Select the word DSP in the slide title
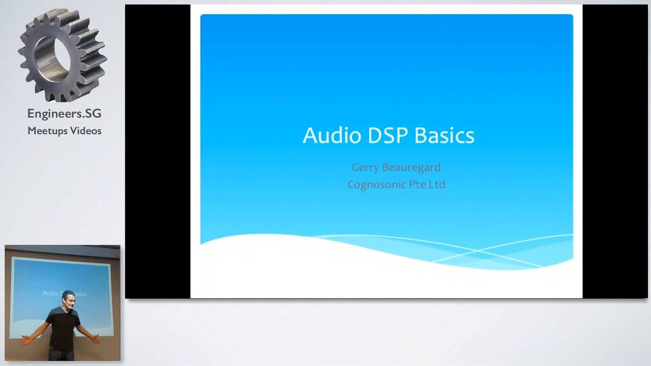pyautogui.click(x=380, y=136)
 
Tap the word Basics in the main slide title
pyautogui.click(x=444, y=136)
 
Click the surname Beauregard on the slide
pyautogui.click(x=411, y=167)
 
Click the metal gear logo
pyautogui.click(x=62, y=55)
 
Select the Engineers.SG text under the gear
pyautogui.click(x=64, y=114)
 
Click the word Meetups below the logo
pyautogui.click(x=47, y=131)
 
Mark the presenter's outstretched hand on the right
pyautogui.click(x=96, y=338)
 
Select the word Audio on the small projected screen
pyautogui.click(x=50, y=293)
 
